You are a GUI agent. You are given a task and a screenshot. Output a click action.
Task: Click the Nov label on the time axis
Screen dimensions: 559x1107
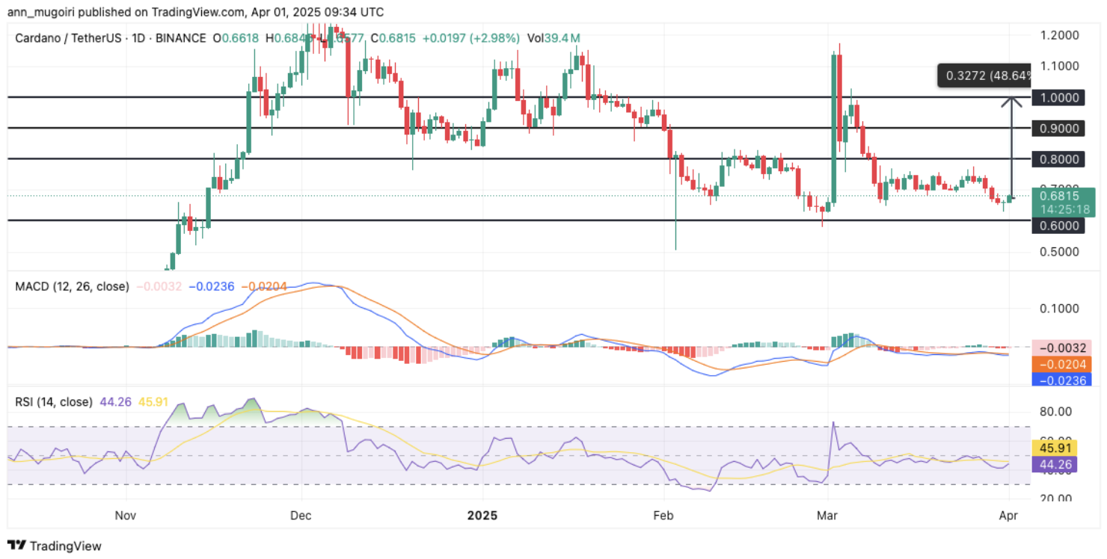point(126,516)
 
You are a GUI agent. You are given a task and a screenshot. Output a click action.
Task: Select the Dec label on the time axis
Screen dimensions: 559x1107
point(301,516)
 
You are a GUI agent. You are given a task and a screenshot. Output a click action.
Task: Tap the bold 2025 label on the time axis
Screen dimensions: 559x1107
point(482,516)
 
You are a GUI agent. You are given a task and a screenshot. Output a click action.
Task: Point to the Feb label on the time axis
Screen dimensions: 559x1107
point(663,516)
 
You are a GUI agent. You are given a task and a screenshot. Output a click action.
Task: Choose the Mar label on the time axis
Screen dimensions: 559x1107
point(827,516)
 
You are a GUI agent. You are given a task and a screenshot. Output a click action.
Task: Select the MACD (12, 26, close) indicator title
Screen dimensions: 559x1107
point(72,286)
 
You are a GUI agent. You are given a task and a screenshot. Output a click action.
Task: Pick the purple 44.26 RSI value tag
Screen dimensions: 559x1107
point(1056,465)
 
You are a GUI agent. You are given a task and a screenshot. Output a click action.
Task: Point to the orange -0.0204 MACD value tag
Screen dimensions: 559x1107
point(1056,364)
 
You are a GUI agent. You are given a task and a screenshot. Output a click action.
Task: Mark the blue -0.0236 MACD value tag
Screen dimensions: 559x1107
point(1056,380)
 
